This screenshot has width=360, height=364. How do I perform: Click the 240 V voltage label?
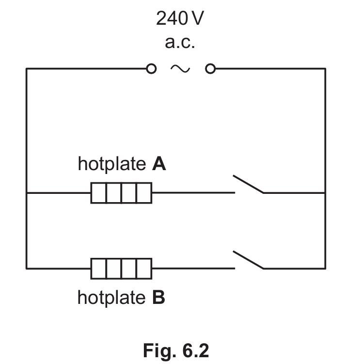pyautogui.click(x=180, y=18)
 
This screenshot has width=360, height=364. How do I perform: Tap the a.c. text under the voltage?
pyautogui.click(x=180, y=42)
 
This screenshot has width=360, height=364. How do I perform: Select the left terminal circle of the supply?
pyautogui.click(x=151, y=69)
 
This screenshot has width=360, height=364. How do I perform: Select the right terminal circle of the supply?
pyautogui.click(x=210, y=69)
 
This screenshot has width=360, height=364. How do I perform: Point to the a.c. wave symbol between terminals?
pyautogui.click(x=180, y=69)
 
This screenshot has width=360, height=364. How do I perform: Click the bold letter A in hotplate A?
pyautogui.click(x=159, y=164)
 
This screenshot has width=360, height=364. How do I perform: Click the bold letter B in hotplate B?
pyautogui.click(x=159, y=297)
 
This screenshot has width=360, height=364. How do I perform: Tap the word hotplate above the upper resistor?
pyautogui.click(x=112, y=164)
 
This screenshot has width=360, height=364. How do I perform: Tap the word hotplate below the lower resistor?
pyautogui.click(x=111, y=298)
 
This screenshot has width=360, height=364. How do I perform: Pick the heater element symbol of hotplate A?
pyautogui.click(x=121, y=193)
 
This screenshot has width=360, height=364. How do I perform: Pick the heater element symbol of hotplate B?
pyautogui.click(x=121, y=269)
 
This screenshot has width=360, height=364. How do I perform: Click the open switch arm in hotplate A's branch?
pyautogui.click(x=248, y=184)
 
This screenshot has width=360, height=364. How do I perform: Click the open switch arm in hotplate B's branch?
pyautogui.click(x=248, y=260)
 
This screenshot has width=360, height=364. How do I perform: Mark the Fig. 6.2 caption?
pyautogui.click(x=176, y=350)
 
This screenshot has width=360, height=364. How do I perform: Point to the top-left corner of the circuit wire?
pyautogui.click(x=27, y=69)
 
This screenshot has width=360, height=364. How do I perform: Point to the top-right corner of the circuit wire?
pyautogui.click(x=325, y=69)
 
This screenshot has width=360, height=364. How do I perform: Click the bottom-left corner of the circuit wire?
pyautogui.click(x=27, y=269)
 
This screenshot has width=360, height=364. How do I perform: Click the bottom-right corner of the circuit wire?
pyautogui.click(x=325, y=269)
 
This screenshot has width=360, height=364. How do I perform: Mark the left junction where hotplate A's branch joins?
pyautogui.click(x=27, y=193)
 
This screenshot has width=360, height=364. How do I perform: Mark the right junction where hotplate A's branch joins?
pyautogui.click(x=325, y=193)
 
